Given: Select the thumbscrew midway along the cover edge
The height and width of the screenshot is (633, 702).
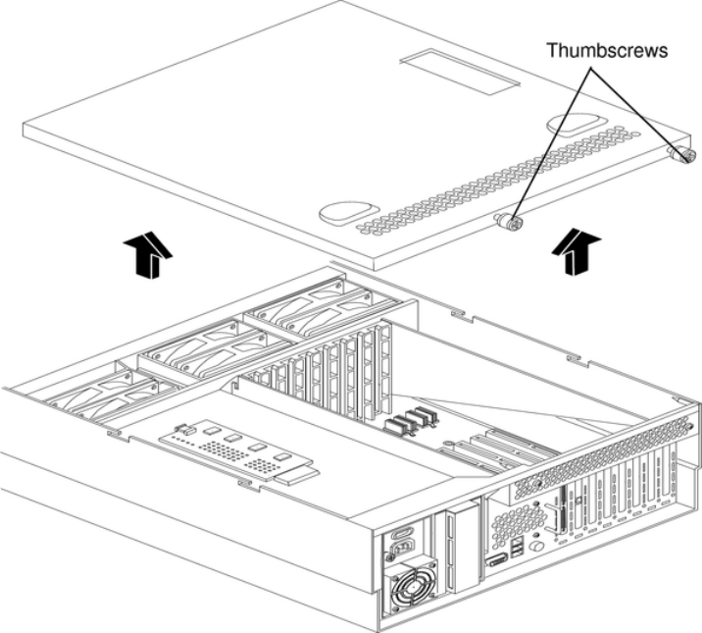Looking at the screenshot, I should coord(510,223).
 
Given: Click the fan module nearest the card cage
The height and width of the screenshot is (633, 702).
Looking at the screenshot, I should coord(294,311).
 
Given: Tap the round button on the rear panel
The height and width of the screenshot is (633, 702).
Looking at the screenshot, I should coord(537,545).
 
